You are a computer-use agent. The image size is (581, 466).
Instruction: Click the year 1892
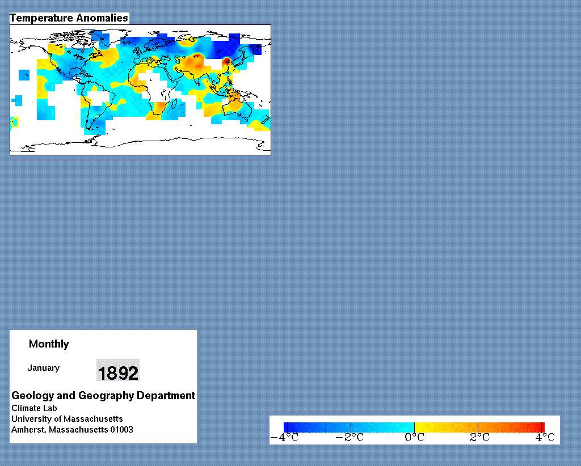118,372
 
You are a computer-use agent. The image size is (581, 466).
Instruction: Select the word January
44,368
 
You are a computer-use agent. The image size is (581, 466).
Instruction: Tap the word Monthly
49,344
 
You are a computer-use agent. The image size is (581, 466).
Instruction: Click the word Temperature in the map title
41,18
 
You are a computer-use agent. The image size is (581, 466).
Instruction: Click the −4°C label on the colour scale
285,438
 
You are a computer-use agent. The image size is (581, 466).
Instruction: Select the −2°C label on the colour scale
350,438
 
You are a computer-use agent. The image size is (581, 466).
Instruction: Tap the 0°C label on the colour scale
415,438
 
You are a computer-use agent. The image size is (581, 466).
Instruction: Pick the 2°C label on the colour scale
480,438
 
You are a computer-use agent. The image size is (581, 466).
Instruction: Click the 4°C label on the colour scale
545,438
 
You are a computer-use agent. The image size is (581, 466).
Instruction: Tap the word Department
166,396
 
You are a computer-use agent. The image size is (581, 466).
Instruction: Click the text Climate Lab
34,408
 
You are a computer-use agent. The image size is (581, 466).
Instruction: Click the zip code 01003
121,430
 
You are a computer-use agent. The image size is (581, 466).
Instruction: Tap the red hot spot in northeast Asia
227,61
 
